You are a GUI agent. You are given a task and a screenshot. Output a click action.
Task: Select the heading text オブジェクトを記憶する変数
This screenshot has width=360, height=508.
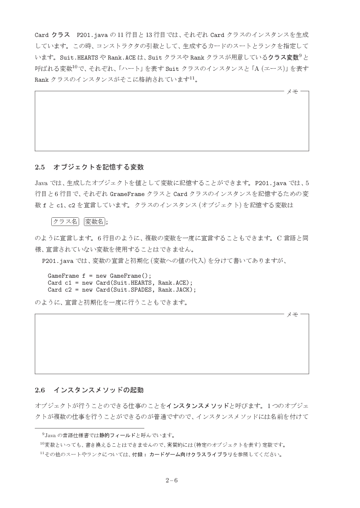click(x=98, y=167)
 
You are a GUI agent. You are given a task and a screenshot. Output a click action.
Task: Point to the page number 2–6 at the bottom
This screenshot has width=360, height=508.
click(x=172, y=481)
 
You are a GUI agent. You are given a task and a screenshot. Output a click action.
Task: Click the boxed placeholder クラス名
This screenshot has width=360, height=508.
click(x=65, y=222)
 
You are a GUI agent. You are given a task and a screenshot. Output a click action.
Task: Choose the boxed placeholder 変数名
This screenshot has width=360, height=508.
click(x=94, y=222)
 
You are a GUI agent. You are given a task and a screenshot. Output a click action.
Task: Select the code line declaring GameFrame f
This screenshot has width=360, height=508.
click(x=100, y=276)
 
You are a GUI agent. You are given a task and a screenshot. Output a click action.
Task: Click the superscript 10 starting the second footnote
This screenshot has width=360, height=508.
click(x=42, y=444)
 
